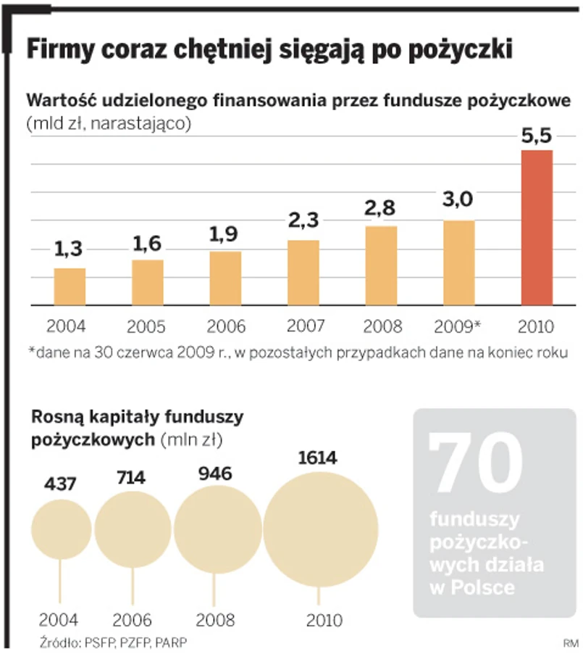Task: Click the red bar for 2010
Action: [x=537, y=228]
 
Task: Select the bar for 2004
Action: [x=70, y=287]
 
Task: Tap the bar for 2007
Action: [x=303, y=273]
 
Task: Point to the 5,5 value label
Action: [x=537, y=136]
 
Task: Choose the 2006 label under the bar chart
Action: [x=226, y=326]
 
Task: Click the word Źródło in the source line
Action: [x=58, y=642]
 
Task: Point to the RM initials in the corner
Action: [x=571, y=642]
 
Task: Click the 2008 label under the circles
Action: [x=215, y=621]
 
